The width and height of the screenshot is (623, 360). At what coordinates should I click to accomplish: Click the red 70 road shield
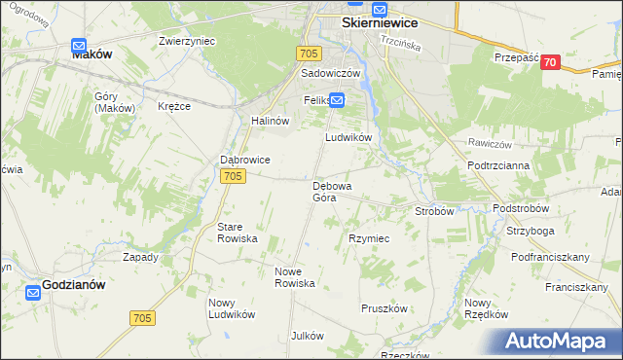551,62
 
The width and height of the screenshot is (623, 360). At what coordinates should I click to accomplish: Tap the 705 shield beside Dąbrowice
232,176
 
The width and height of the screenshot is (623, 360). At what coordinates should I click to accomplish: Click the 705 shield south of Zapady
142,318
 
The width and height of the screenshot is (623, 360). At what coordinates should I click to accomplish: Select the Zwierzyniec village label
187,42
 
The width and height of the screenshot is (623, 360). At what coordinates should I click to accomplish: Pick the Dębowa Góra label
332,191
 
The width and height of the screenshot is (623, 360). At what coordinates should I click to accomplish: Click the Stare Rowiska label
237,232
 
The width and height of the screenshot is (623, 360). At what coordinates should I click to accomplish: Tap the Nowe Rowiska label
295,277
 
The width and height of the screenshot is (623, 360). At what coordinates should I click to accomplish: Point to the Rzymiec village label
369,238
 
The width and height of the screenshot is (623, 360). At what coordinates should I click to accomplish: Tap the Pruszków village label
384,307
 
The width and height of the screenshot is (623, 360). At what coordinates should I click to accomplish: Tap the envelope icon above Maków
80,44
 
